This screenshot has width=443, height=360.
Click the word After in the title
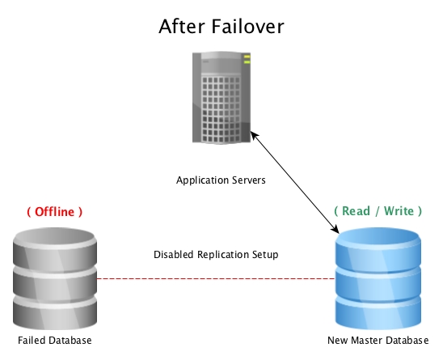point(182,27)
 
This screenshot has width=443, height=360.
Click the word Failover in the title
point(247,27)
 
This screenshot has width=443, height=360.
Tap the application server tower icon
point(221,98)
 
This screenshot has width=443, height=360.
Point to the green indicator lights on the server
point(247,59)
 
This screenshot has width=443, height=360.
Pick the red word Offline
point(54,211)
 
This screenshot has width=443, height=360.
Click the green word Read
point(356,211)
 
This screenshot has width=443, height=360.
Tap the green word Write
point(399,211)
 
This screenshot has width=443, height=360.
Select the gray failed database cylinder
point(55,278)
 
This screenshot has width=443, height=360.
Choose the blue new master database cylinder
point(378,278)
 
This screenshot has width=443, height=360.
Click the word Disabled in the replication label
point(173,255)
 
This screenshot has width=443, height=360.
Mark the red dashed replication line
point(216,279)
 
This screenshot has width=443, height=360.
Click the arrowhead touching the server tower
point(254,135)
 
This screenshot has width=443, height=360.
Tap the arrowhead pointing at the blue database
point(335,229)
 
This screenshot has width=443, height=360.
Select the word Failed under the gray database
point(31,341)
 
